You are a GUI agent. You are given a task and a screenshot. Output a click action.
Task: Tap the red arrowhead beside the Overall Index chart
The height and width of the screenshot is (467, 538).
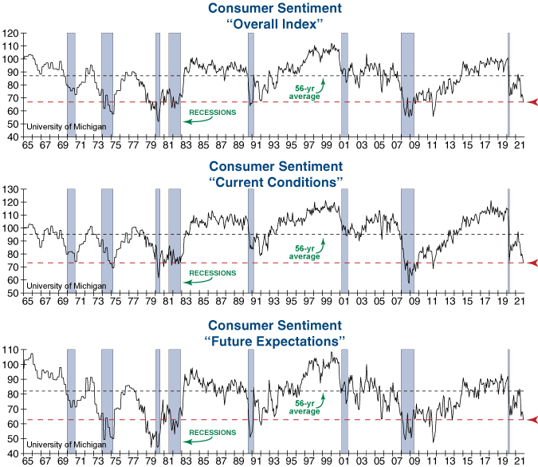pyautogui.click(x=532, y=101)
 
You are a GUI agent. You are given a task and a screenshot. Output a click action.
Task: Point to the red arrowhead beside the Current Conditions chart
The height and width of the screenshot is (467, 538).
pyautogui.click(x=532, y=263)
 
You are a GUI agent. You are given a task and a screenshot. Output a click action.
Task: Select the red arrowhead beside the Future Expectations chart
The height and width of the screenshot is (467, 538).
pyautogui.click(x=532, y=420)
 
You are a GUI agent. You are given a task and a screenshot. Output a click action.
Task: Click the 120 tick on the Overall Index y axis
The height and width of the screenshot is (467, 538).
pyautogui.click(x=10, y=34)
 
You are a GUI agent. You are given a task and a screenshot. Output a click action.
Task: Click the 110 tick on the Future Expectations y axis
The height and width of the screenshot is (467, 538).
pyautogui.click(x=10, y=350)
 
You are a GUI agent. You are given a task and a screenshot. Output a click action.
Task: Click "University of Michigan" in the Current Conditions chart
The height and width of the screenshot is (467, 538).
pyautogui.click(x=65, y=286)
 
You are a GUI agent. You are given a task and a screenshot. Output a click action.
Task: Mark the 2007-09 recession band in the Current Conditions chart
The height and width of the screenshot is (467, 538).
pyautogui.click(x=407, y=240)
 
